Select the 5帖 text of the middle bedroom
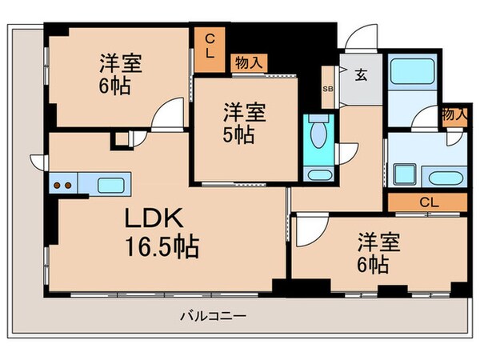(239, 134)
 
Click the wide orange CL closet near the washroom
(428, 202)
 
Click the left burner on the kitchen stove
(58, 186)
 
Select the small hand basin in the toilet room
(318, 176)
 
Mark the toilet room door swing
(346, 150)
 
